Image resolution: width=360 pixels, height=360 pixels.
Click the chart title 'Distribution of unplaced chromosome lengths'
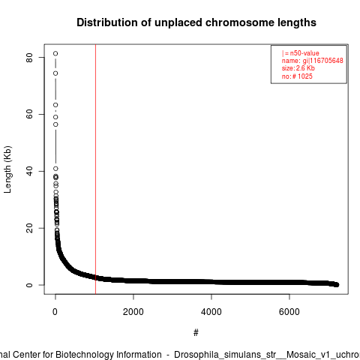point(196,22)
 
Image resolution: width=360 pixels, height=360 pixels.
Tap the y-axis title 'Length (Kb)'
point(7,169)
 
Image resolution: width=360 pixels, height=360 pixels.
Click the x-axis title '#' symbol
point(196,333)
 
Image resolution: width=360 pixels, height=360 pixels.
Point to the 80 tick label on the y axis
point(29,57)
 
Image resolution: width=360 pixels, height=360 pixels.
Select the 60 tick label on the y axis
point(29,114)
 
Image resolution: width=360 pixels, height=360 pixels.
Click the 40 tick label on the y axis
point(29,171)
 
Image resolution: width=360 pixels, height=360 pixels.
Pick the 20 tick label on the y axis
point(29,228)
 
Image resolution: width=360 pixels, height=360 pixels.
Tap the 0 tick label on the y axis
point(29,285)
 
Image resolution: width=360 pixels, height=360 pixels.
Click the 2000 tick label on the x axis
point(133,312)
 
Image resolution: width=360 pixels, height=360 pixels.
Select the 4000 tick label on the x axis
point(211,312)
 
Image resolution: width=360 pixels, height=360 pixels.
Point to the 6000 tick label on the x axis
point(289,312)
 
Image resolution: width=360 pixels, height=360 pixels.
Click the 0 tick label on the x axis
point(55,312)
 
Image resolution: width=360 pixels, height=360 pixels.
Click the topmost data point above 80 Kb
point(55,53)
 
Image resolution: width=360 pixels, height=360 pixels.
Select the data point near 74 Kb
point(55,73)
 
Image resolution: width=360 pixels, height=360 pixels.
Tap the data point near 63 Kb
point(55,105)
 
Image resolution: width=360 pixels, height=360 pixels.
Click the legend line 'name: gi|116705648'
point(313,61)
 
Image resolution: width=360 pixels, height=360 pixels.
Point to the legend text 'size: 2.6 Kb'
point(298,68)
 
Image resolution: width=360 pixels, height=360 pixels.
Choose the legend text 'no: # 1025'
point(297,76)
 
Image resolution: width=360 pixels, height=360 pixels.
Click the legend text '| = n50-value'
point(301,53)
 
